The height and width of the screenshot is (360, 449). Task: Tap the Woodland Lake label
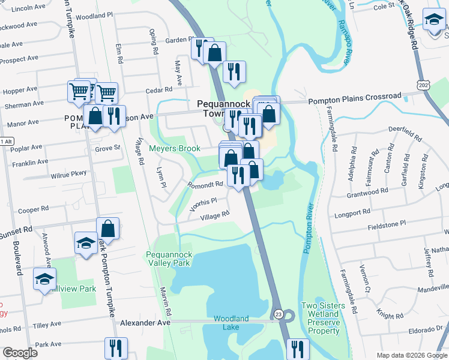click(x=231, y=323)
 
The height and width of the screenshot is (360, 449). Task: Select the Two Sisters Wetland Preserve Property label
click(x=324, y=318)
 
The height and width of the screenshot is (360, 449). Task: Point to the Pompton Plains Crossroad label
click(x=354, y=96)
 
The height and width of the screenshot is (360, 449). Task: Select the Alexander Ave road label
click(x=145, y=322)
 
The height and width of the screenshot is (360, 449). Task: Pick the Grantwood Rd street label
click(x=367, y=193)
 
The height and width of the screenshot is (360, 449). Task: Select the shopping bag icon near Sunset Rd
click(x=108, y=228)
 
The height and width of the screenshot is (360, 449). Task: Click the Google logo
click(x=20, y=352)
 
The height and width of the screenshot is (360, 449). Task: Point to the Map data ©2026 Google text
click(x=411, y=355)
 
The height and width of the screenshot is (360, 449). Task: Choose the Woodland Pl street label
click(x=94, y=17)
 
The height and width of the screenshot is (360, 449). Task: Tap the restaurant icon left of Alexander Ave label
click(x=116, y=348)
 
